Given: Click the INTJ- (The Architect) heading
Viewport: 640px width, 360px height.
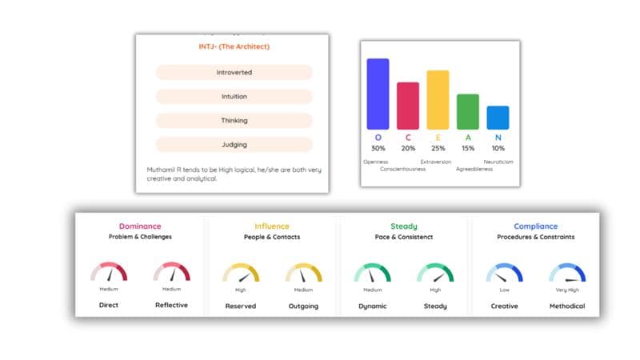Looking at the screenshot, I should (234, 46).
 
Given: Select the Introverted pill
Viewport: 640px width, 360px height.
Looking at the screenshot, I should (234, 73).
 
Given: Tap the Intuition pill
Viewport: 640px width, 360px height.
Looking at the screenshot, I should (234, 97).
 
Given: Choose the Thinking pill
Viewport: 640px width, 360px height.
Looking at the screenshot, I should (234, 121).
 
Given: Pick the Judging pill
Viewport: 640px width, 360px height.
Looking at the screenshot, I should (234, 145).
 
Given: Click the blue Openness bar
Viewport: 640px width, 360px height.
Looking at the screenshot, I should (378, 94).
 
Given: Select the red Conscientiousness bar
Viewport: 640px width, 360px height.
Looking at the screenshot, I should (408, 106).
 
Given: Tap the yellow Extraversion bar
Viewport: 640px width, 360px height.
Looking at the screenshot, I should (438, 100).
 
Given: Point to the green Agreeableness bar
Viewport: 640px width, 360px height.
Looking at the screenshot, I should (468, 112).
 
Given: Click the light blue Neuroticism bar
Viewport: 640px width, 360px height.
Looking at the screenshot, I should (498, 118).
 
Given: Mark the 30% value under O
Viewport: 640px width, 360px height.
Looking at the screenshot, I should (378, 148).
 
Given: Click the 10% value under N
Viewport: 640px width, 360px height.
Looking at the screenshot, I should (498, 148).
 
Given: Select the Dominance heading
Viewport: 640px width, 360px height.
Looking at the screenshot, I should (140, 226).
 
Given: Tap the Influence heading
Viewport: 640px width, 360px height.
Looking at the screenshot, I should (272, 226).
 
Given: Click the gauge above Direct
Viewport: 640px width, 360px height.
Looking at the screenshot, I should (109, 274).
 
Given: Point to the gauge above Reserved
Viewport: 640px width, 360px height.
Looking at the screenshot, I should (241, 274).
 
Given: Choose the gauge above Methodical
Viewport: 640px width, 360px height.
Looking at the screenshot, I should (567, 274).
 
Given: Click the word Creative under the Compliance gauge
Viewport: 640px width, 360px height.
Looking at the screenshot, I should (504, 306).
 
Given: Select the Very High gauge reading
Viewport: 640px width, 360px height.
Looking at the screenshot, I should (567, 289).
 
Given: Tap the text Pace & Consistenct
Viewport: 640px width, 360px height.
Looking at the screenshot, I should (404, 237).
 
